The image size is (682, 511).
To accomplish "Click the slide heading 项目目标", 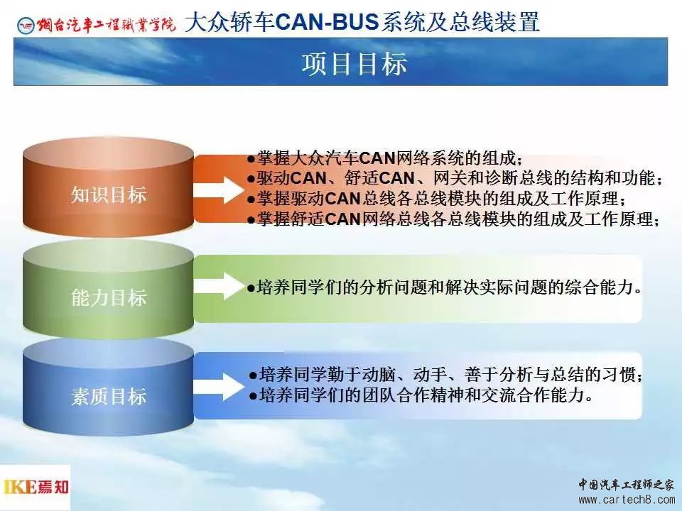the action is [354, 63].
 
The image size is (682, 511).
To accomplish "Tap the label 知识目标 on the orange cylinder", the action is [109, 195].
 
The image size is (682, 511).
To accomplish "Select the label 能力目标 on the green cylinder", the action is [109, 298].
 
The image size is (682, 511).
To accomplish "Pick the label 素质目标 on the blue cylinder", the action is [109, 397].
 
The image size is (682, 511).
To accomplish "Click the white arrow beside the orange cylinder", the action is [220, 190].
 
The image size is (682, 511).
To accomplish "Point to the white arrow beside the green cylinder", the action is [220, 286].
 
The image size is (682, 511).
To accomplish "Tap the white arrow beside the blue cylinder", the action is [220, 386].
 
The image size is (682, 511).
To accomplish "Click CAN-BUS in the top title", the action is [327, 22].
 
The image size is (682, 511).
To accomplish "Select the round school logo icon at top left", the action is [26, 26].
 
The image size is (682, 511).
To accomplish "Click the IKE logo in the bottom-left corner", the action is [36, 487].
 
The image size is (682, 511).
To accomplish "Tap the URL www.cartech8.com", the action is [627, 500].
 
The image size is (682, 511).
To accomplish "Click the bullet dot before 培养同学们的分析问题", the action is [251, 288].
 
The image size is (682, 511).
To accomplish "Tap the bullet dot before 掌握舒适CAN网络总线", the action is [251, 220].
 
